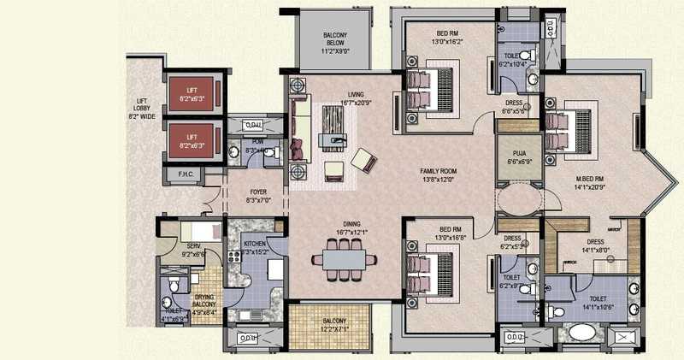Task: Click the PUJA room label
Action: point(520,156)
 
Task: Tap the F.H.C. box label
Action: point(184,175)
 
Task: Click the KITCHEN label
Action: point(256,247)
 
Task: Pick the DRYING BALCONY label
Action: point(204,303)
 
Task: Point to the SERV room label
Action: point(193,250)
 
